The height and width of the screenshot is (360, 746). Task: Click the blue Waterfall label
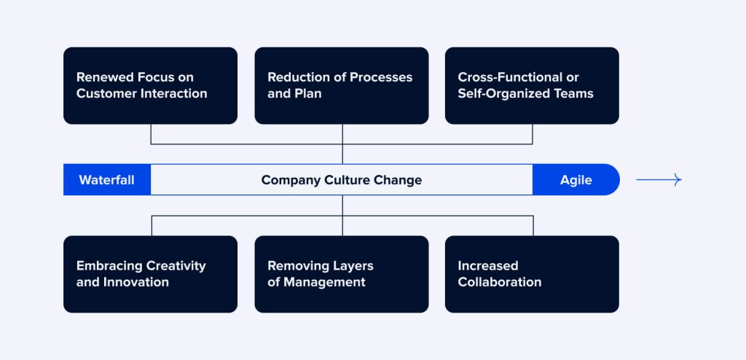(106, 180)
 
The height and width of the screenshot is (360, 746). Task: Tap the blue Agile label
(576, 180)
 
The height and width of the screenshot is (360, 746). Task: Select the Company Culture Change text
(341, 180)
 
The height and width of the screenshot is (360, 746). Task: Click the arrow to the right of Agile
(659, 180)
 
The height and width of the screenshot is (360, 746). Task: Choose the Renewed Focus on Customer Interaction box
(150, 85)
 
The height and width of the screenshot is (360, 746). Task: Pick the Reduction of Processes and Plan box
(341, 85)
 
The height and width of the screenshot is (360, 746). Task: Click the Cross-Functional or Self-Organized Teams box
(532, 85)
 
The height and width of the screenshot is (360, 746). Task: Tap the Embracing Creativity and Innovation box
(150, 274)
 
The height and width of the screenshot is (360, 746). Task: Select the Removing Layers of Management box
(341, 274)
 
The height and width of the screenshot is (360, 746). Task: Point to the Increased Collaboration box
(532, 274)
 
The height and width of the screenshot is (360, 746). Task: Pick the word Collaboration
(500, 282)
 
